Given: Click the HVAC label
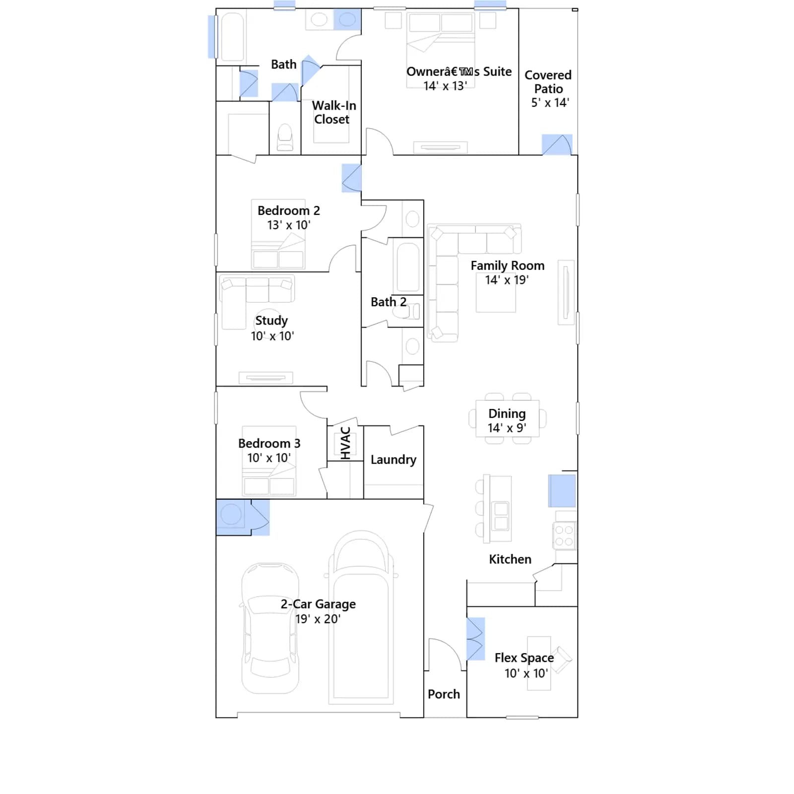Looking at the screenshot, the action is pyautogui.click(x=346, y=443).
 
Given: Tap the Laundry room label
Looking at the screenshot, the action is pyautogui.click(x=394, y=460).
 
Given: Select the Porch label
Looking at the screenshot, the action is pyautogui.click(x=444, y=694).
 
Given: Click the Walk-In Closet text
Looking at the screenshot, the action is pyautogui.click(x=333, y=112).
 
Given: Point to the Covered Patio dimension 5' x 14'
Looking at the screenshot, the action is pyautogui.click(x=550, y=103).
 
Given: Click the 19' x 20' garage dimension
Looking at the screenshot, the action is pyautogui.click(x=318, y=619).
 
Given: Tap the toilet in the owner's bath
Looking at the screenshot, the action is pyautogui.click(x=285, y=137).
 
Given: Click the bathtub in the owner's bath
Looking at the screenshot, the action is pyautogui.click(x=232, y=37).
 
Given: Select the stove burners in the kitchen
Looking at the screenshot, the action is pyautogui.click(x=564, y=536).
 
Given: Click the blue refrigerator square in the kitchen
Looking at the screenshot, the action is pyautogui.click(x=562, y=491).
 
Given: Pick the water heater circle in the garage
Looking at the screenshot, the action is pyautogui.click(x=231, y=515).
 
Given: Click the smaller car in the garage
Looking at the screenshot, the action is pyautogui.click(x=270, y=628).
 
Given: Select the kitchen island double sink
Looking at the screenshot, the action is pyautogui.click(x=501, y=516).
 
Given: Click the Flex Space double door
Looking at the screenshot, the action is pyautogui.click(x=475, y=639).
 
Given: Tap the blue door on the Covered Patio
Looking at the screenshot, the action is pyautogui.click(x=557, y=144).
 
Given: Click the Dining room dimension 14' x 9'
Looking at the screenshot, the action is pyautogui.click(x=507, y=428).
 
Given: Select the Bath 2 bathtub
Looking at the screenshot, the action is pyautogui.click(x=407, y=266).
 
